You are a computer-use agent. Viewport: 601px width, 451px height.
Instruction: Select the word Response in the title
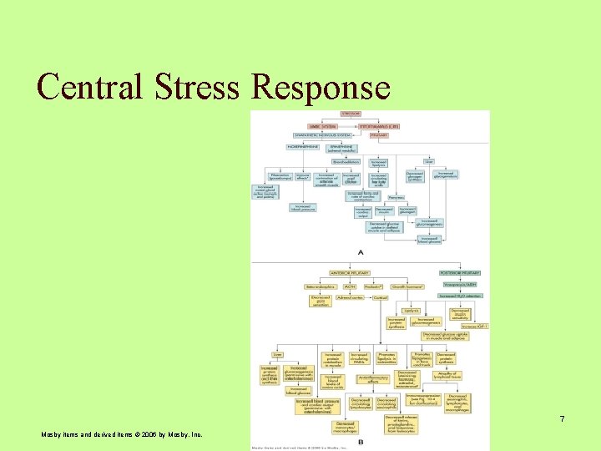point(323,87)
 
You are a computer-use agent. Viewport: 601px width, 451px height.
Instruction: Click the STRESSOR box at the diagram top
point(351,114)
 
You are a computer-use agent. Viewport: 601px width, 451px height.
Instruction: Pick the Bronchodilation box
point(346,161)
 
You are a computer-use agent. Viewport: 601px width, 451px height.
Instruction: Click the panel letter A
point(360,251)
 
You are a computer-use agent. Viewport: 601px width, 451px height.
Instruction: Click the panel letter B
point(360,442)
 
